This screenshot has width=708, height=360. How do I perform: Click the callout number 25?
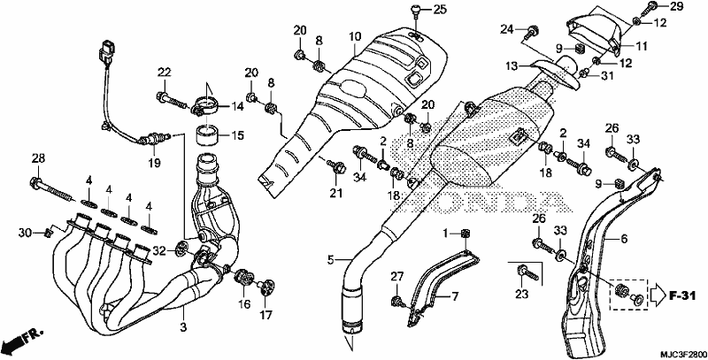438,9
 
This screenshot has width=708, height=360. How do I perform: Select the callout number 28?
38,158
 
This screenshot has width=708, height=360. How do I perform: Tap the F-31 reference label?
681,296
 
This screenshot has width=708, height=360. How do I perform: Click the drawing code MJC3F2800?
682,354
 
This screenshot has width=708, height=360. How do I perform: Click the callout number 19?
154,163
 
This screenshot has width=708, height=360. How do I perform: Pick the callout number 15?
237,135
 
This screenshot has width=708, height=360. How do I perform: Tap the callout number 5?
331,260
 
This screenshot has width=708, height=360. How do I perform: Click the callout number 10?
355,36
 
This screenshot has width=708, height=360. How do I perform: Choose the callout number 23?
521,294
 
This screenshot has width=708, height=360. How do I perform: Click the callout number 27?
396,277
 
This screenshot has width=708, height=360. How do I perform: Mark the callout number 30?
25,233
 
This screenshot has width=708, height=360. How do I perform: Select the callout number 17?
265,315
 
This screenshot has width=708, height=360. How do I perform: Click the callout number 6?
624,239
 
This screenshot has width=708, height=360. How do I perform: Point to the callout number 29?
675,6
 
